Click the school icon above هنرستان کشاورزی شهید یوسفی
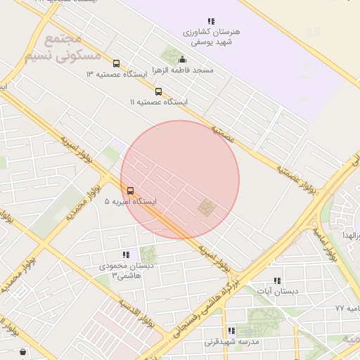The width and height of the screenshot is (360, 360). click(211, 22)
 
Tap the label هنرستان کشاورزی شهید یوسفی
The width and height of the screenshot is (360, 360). click(211, 37)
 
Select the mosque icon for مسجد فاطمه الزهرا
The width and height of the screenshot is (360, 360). click(183, 60)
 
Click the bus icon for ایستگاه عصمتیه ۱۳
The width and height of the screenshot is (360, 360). click(116, 63)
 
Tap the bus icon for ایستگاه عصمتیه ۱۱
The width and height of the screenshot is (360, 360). click(158, 91)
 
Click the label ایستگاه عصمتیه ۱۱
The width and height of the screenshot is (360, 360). click(158, 103)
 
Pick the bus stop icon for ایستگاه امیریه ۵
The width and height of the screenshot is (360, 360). click(130, 191)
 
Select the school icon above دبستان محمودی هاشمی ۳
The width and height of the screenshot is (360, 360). click(126, 255)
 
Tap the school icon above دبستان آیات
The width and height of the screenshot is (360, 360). click(277, 280)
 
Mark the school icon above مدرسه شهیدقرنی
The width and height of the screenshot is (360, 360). click(231, 331)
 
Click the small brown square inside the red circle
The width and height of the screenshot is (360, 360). click(207, 207)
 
